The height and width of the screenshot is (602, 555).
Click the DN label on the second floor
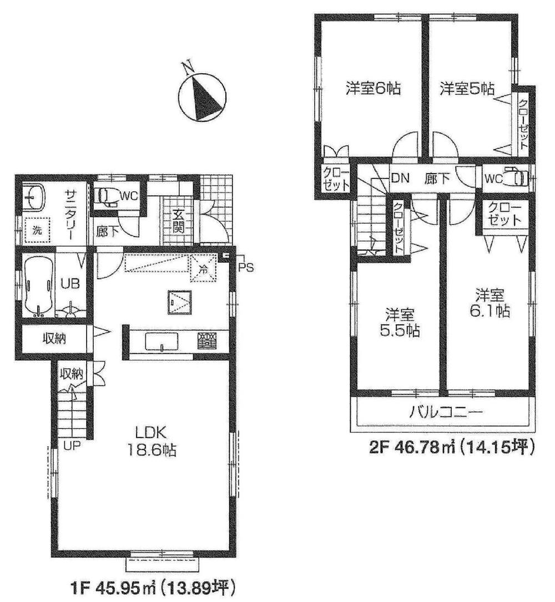click(x=400, y=178)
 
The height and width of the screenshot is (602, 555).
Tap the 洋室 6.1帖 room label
click(x=489, y=302)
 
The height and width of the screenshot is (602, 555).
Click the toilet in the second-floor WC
click(x=516, y=177)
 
